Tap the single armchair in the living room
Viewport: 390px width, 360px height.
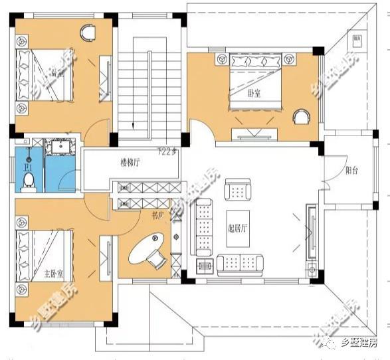(x=237, y=190)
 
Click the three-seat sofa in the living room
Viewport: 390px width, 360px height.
(x=204, y=229)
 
